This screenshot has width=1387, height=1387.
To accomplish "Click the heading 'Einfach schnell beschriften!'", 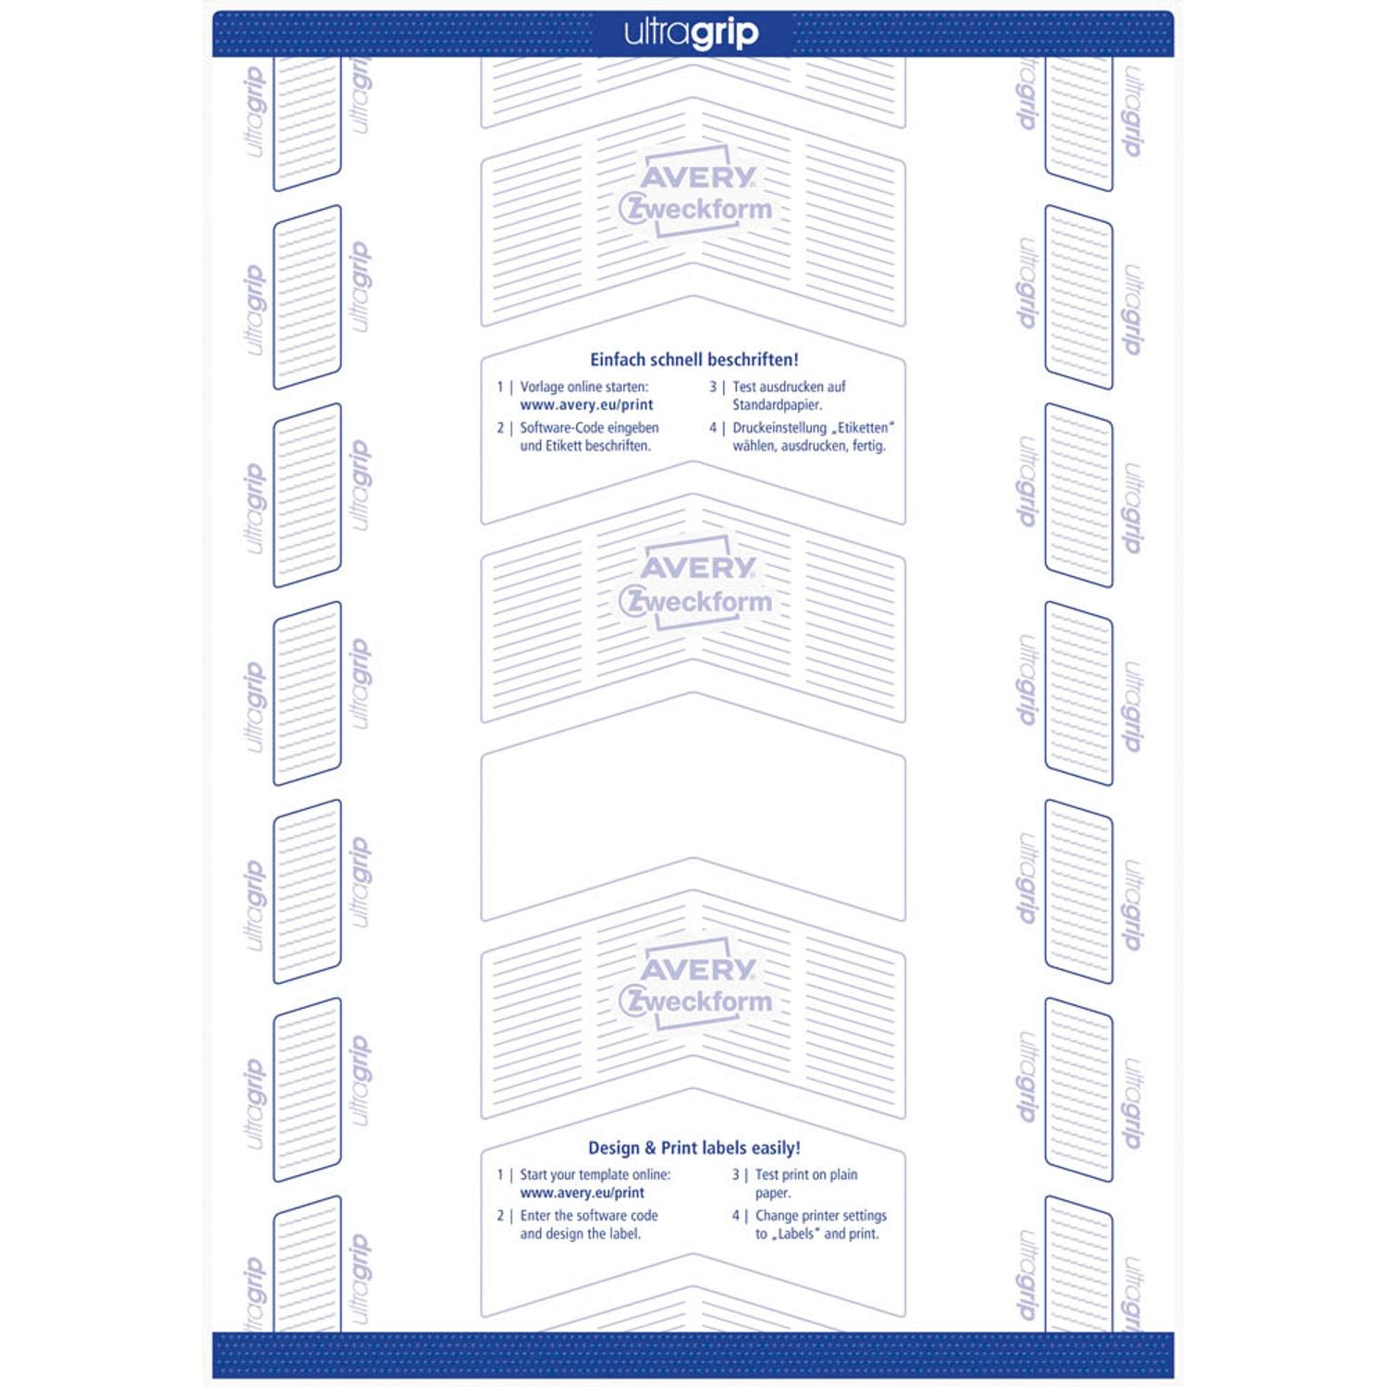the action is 694,360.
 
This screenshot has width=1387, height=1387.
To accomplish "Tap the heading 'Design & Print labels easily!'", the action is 694,1148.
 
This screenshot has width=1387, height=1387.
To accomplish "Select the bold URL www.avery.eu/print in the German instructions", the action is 586,405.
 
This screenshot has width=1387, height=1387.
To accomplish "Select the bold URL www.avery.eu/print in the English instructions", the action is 583,1193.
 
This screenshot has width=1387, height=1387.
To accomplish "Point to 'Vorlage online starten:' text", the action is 584,387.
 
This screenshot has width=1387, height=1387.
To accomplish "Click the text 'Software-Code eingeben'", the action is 589,428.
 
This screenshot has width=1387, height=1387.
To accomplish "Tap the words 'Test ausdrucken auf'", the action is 789,387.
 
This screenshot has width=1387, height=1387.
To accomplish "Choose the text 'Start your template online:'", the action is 595,1174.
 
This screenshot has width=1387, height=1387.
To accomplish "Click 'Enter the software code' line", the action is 589,1216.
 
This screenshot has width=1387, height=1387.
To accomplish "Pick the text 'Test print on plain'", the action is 806,1174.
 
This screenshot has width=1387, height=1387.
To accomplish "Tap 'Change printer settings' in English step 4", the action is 821,1216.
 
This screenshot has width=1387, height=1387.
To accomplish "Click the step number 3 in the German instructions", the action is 713,387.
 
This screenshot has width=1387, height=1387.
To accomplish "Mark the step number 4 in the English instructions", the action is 736,1216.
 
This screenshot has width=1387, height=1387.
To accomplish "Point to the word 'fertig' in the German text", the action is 869,446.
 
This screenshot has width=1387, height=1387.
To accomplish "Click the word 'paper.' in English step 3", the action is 773,1194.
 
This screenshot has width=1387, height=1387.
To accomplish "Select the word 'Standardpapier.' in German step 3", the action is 778,405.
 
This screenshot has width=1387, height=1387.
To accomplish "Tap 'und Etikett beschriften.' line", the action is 585,446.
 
